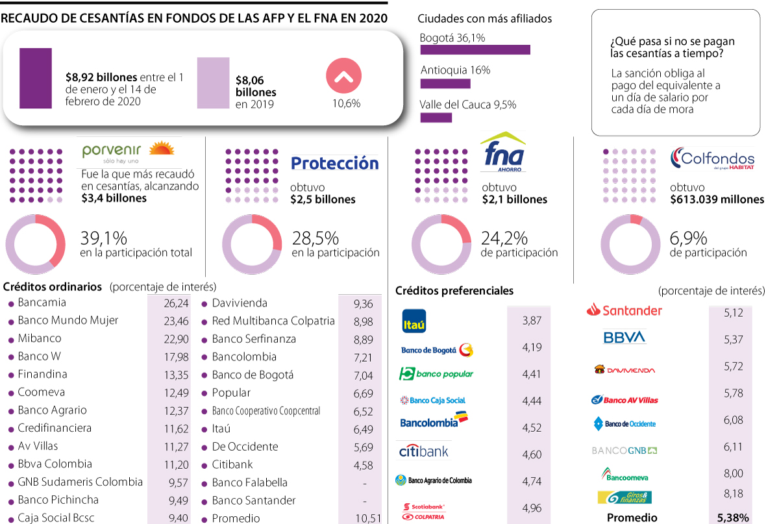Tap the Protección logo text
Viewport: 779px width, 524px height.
pos(334,163)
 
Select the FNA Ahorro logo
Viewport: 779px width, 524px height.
pos(503,153)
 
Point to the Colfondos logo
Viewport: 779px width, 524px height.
pos(712,158)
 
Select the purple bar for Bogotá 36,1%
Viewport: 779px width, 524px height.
pos(475,50)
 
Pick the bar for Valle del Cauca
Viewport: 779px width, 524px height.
pos(436,118)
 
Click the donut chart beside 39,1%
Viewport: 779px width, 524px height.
pos(35,243)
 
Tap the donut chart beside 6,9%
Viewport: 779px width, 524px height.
pos(630,243)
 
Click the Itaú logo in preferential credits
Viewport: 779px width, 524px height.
pos(414,321)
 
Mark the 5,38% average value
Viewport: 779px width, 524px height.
pos(733,518)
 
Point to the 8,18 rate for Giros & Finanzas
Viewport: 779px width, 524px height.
pos(733,495)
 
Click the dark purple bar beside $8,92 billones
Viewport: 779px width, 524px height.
pos(36,78)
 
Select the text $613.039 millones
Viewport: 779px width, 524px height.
pos(717,199)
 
